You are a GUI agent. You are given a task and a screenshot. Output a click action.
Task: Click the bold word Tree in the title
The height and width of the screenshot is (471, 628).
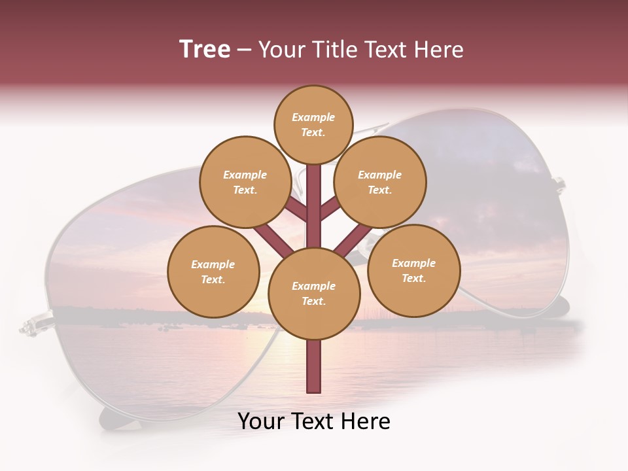205,49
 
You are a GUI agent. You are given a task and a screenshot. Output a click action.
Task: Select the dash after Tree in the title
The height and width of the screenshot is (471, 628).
245,50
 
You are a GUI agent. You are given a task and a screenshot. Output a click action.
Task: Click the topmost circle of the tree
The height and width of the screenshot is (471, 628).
313,124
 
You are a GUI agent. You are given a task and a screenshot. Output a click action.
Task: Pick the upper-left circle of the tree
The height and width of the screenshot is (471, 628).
245,183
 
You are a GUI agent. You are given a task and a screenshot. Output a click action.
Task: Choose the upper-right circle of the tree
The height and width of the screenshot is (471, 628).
380,183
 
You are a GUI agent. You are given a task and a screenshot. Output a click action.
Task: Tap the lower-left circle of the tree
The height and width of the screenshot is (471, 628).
213,271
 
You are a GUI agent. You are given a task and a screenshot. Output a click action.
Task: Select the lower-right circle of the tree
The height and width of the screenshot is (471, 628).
413,270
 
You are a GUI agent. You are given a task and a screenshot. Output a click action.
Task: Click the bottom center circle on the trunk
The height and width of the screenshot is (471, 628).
314,294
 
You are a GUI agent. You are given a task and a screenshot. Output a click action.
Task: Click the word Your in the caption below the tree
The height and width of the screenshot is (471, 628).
262,421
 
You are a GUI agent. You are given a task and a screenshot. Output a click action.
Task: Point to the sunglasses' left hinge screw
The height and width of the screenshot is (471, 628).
29,324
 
